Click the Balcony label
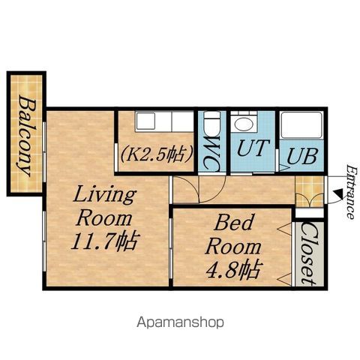coord(27,136)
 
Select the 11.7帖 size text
coord(104,241)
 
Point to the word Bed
coord(233,222)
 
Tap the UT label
coord(253,148)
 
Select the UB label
coord(302,157)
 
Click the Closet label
coord(309,253)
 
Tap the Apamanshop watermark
coord(180,322)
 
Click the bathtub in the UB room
coord(301,125)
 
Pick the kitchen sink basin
coord(145,121)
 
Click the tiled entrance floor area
coord(310,192)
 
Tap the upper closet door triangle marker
coord(285,229)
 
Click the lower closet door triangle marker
coord(285,279)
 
